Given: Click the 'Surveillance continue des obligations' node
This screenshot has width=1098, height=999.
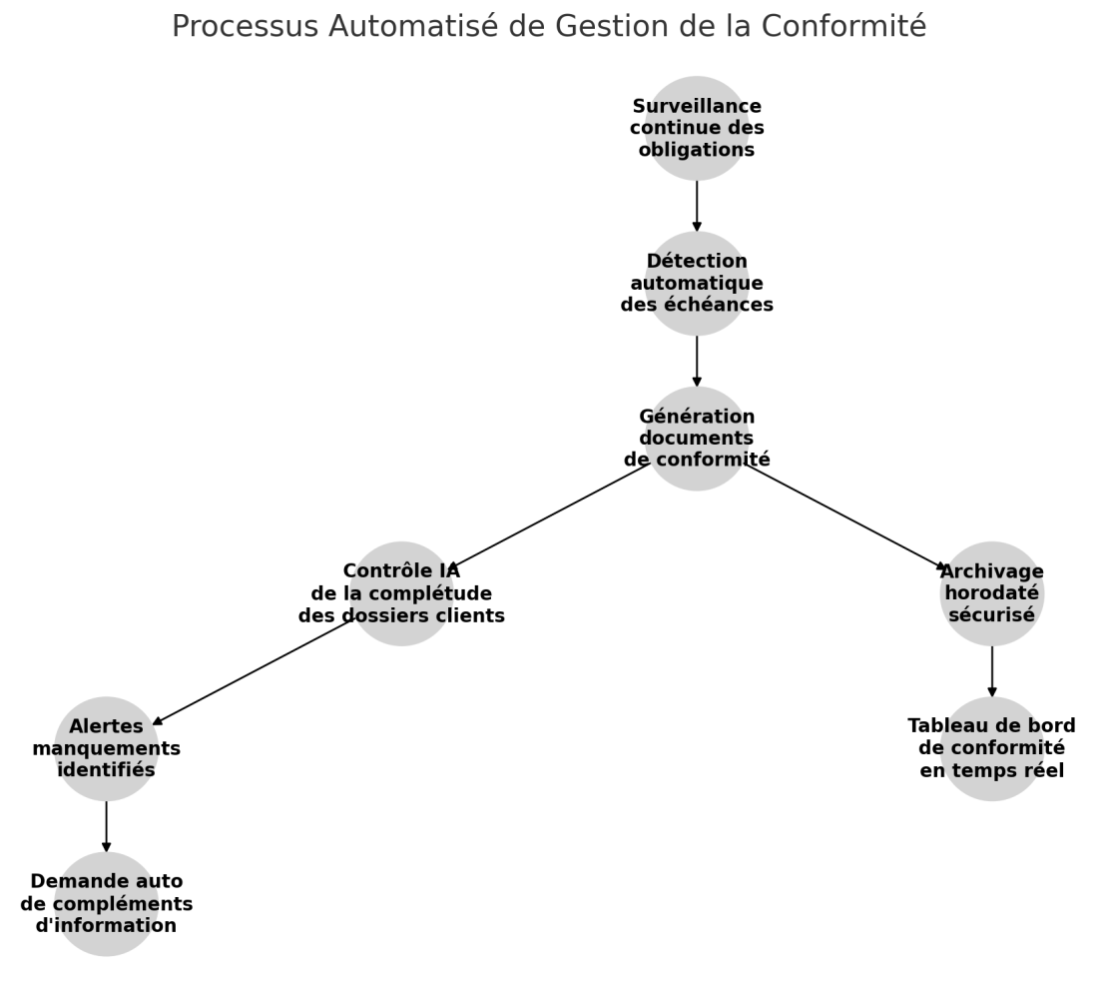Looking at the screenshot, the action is pos(696,128).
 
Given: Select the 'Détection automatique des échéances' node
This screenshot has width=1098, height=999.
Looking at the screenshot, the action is pos(696,284).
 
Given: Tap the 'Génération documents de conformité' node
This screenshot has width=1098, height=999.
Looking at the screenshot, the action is pos(696,439).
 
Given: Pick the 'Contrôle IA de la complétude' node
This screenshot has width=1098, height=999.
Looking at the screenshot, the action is pos(401,593).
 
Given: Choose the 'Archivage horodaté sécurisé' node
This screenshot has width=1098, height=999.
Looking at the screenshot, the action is pos(991,593).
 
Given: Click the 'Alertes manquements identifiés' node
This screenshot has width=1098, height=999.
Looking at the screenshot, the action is pos(107,748).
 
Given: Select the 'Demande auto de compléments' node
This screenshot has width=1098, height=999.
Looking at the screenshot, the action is pos(107,904).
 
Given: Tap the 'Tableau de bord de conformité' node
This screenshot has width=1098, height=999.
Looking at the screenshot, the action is pos(991,748).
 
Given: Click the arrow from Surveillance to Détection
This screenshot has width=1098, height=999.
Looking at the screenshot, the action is pos(696,206).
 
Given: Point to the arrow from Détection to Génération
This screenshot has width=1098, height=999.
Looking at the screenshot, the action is pos(696,361).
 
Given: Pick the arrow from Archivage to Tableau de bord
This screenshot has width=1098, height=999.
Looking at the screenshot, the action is pos(991,671).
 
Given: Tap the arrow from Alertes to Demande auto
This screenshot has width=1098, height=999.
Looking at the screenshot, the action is pos(107,826).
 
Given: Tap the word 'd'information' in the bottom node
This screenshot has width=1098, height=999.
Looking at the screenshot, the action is pos(107,925).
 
